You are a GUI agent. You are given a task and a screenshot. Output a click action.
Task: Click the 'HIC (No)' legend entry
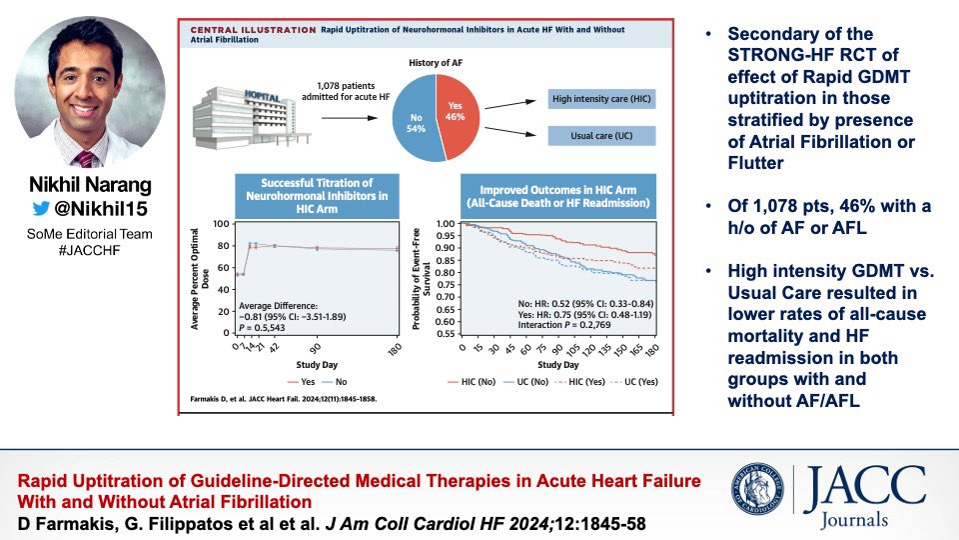tap(478, 381)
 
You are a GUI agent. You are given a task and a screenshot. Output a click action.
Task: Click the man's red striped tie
tap(87, 157)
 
